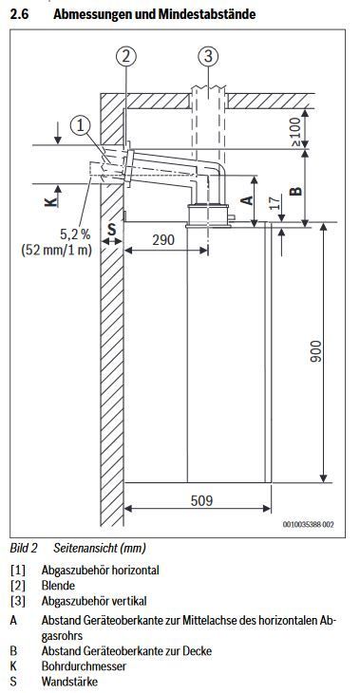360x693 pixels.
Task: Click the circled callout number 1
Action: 80,126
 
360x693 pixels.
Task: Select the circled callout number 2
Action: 126,56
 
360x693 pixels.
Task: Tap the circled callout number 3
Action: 208,56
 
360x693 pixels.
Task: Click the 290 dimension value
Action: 163,240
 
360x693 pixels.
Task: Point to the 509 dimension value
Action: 201,500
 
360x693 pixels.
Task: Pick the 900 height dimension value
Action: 315,352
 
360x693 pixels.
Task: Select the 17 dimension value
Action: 275,202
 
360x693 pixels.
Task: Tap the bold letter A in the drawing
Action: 248,199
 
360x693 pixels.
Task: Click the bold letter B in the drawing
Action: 295,191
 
